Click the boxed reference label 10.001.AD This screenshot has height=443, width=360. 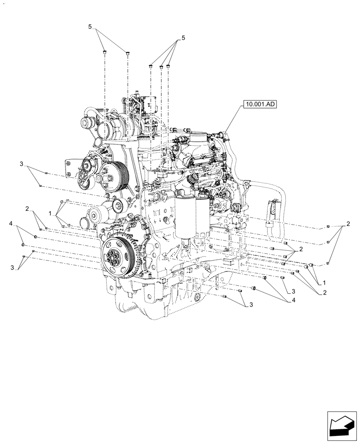click(x=259, y=105)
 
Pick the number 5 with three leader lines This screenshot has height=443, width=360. click(x=183, y=38)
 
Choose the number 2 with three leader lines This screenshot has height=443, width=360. click(x=348, y=224)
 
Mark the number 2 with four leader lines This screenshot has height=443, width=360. click(x=301, y=249)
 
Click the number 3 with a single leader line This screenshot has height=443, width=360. click(x=293, y=292)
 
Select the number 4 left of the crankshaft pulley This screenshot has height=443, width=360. click(x=11, y=224)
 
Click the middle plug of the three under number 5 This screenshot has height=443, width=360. click(x=161, y=67)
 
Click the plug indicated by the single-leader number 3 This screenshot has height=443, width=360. click(x=282, y=278)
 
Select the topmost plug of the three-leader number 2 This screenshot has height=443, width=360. click(x=328, y=227)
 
